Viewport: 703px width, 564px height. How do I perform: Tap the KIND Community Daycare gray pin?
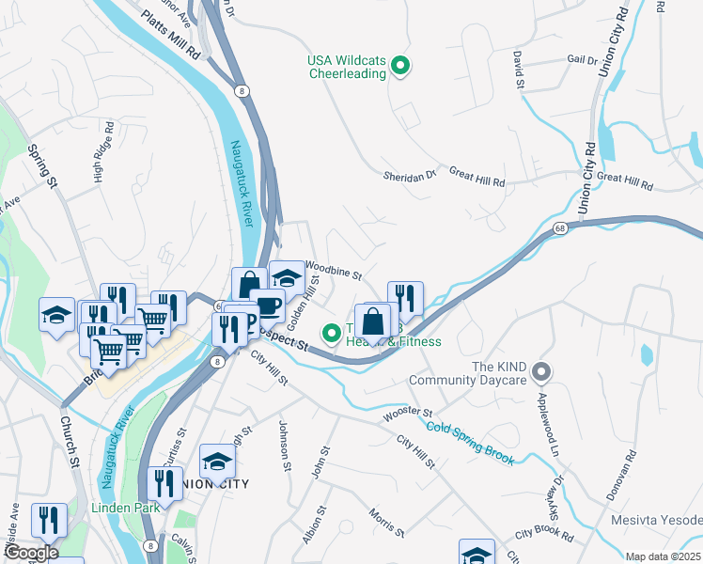pos(540,373)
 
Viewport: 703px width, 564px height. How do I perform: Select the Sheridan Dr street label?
pos(411,175)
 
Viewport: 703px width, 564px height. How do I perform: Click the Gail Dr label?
pos(583,59)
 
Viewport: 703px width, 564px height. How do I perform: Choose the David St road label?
pos(518,71)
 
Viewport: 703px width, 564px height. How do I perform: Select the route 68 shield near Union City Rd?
pos(560,228)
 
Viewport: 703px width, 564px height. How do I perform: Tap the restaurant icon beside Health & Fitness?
pos(405,298)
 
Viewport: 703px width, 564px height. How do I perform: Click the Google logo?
pos(30,553)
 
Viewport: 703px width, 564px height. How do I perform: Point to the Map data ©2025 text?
pos(663,556)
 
